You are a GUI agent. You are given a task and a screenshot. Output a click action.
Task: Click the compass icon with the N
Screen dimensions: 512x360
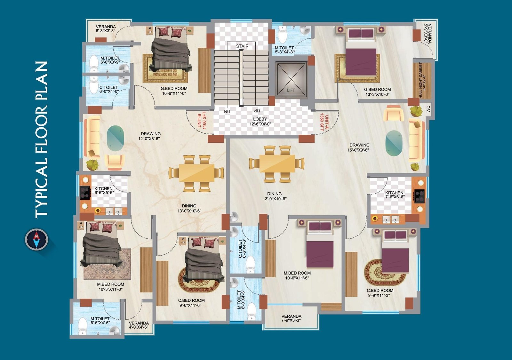(36, 239)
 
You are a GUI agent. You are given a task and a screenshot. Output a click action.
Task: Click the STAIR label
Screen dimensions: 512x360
(242, 46)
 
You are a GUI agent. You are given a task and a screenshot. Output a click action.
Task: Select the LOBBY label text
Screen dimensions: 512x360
(260, 119)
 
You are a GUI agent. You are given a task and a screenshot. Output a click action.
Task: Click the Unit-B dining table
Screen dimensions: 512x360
(196, 173)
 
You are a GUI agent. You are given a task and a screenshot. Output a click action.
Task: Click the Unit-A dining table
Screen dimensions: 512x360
(277, 164)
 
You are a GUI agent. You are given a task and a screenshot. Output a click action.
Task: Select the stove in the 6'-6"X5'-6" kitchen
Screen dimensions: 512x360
(85, 193)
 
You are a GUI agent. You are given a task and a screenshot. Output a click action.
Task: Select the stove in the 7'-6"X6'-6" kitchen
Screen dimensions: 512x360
(419, 196)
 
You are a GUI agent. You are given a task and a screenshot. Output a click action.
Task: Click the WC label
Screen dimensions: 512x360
(428, 109)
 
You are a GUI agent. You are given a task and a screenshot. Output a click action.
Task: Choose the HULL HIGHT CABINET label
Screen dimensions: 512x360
(422, 80)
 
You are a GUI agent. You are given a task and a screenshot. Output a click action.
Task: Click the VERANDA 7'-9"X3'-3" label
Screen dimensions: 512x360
(291, 318)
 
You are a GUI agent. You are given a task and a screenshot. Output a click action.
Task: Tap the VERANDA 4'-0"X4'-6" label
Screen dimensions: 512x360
(139, 325)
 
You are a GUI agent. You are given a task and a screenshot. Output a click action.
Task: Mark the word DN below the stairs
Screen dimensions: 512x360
(227, 111)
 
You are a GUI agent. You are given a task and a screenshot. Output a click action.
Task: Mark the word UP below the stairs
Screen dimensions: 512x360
(257, 111)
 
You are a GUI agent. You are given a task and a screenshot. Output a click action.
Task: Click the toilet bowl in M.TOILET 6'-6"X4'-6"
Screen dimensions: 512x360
(83, 326)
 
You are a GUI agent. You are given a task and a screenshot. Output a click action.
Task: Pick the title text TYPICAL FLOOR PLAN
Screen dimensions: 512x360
(42, 139)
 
